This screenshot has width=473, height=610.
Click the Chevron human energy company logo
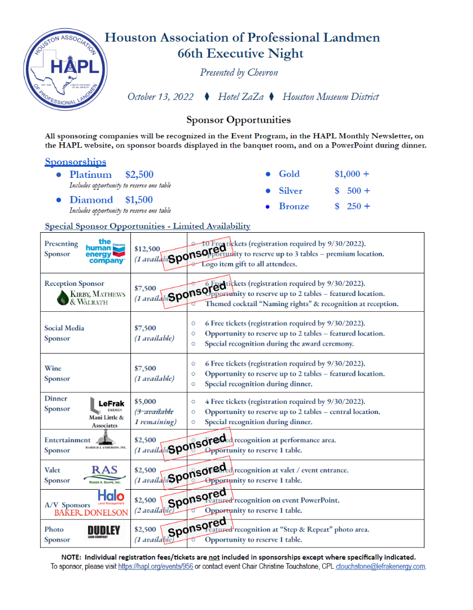pyautogui.click(x=106, y=251)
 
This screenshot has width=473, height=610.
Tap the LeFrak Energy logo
pyautogui.click(x=107, y=404)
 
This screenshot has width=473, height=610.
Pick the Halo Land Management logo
pyautogui.click(x=111, y=497)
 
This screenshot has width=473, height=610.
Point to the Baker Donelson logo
pyautogui.click(x=91, y=512)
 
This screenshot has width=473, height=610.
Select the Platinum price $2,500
pyautogui.click(x=139, y=175)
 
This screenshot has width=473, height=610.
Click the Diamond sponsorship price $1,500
pyautogui.click(x=139, y=199)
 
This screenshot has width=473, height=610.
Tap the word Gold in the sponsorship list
pyautogui.click(x=289, y=174)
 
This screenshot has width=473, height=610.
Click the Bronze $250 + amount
pyautogui.click(x=352, y=206)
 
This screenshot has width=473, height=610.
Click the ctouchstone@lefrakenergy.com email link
pyautogui.click(x=380, y=567)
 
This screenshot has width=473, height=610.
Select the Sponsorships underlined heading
pyautogui.click(x=76, y=162)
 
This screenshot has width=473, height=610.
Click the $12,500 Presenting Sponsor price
pyautogui.click(x=147, y=249)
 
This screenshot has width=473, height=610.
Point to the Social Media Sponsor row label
pyautogui.click(x=64, y=333)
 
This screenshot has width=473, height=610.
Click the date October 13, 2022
pyautogui.click(x=160, y=97)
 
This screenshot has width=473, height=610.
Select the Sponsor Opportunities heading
pyautogui.click(x=239, y=120)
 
